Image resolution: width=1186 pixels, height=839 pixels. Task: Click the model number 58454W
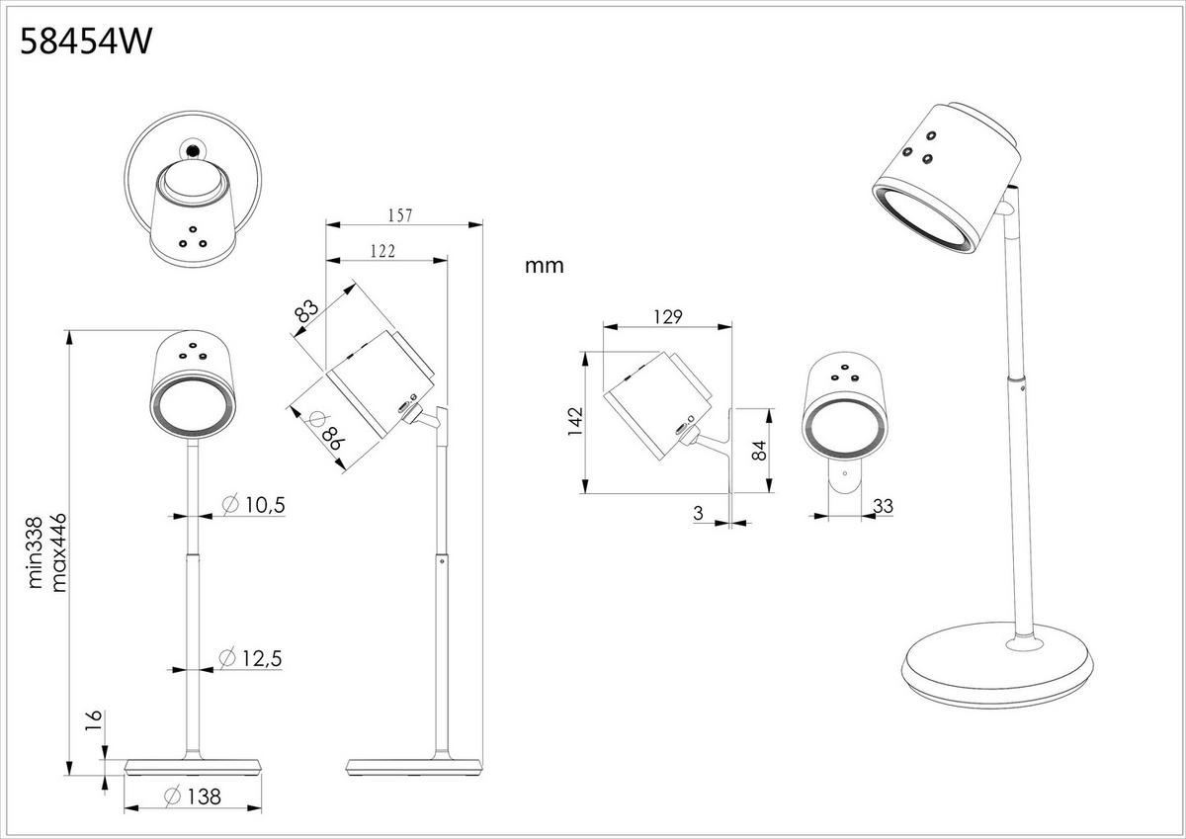[86, 43]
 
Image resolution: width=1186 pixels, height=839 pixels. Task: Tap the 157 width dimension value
[399, 214]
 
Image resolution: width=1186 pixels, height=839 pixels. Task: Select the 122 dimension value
[382, 251]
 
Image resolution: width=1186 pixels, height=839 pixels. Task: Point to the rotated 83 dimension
[307, 311]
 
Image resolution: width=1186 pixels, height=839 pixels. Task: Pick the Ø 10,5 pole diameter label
[253, 505]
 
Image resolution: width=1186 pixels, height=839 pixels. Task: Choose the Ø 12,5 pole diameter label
[253, 657]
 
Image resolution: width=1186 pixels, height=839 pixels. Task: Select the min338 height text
[38, 552]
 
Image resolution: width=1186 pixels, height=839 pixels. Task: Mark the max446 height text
[59, 552]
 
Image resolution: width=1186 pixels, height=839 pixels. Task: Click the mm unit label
[544, 266]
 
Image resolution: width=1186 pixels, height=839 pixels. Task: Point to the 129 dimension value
[669, 317]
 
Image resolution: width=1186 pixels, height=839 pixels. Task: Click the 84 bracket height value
[759, 451]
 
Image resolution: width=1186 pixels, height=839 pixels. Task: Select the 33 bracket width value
[884, 506]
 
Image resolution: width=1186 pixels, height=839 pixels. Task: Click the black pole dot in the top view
[192, 150]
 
